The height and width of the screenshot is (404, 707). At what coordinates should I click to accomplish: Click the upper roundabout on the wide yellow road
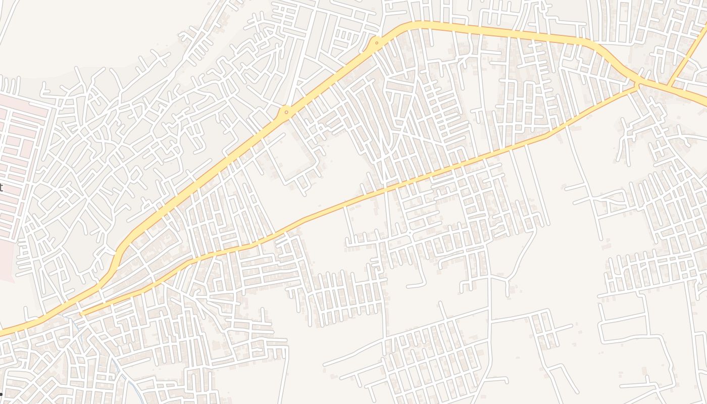point(376,43)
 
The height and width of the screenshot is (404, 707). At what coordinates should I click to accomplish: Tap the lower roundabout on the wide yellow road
point(286,112)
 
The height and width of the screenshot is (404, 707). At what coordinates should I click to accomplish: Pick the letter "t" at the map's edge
point(1,188)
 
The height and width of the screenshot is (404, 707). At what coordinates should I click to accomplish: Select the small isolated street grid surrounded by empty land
point(543,328)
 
